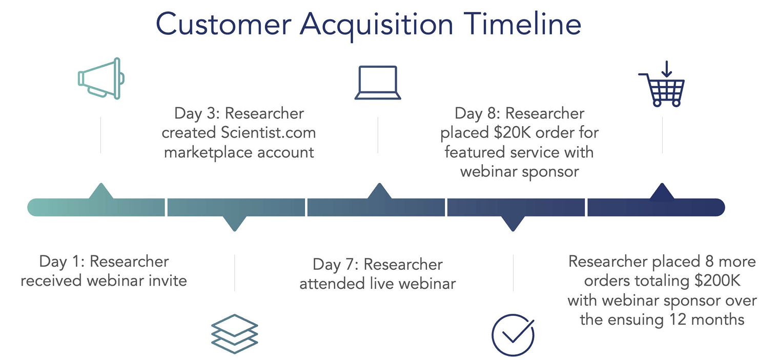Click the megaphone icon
[x=101, y=78]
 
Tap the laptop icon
[x=378, y=83]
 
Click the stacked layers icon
[x=235, y=334]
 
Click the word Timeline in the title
[x=522, y=24]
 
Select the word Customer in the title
[x=223, y=24]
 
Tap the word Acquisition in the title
[x=377, y=26]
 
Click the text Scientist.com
[x=268, y=132]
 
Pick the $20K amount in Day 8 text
[x=512, y=132]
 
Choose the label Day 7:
[x=336, y=265]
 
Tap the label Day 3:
[x=197, y=113]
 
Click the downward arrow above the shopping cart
[x=666, y=69]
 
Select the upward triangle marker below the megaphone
[x=101, y=191]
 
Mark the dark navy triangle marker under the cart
[x=662, y=191]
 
